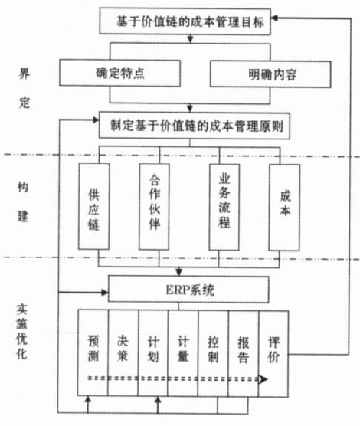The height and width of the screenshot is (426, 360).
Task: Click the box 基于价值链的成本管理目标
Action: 185,21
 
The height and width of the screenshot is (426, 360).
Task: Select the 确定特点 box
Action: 119,73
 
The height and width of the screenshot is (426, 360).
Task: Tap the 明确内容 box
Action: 270,74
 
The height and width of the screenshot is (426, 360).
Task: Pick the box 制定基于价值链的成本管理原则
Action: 195,126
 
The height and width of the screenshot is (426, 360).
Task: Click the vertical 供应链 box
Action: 94,206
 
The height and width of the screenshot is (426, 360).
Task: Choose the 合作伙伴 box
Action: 154,207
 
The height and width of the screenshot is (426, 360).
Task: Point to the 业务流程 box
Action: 224,207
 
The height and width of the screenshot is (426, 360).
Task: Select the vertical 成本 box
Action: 284,208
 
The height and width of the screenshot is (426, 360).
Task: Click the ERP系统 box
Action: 189,290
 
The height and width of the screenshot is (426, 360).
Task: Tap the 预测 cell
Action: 93,352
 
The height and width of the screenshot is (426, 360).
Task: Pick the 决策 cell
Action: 123,353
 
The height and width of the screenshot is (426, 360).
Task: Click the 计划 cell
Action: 153,353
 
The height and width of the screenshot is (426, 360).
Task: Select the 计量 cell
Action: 183,353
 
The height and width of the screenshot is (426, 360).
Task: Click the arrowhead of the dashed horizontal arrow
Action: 263,379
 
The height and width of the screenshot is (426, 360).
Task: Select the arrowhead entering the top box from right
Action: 274,18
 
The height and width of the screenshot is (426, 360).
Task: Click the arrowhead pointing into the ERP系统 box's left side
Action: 105,293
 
